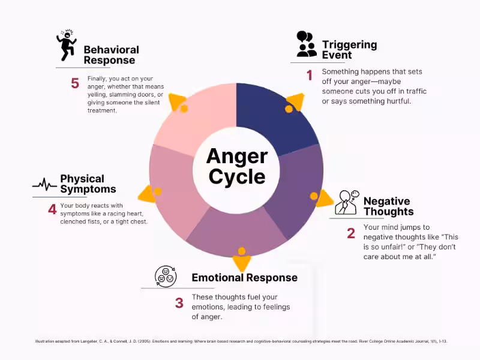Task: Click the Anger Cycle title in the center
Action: (x=236, y=166)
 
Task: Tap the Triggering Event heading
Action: (x=349, y=50)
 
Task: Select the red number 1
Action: (x=310, y=76)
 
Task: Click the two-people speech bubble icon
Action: (x=306, y=44)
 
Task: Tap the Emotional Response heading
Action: (x=244, y=278)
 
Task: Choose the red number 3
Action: (x=179, y=303)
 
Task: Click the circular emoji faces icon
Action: (x=165, y=277)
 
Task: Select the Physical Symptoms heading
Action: (x=88, y=184)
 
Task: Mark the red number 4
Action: (x=52, y=209)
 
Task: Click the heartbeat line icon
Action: (x=44, y=184)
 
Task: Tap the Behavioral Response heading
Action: (x=111, y=55)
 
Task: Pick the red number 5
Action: (x=75, y=83)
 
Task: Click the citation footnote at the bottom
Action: (x=240, y=341)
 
